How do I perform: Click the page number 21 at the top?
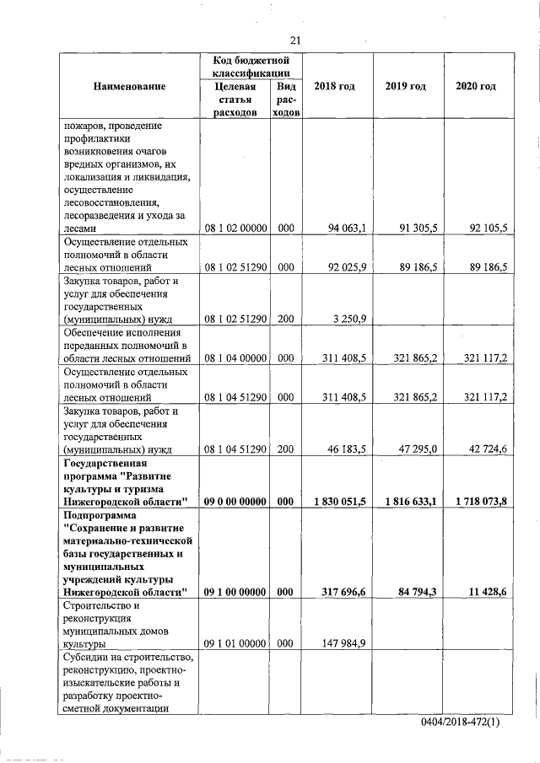tap(294, 40)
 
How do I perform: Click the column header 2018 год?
tap(337, 87)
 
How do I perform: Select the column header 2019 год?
tap(408, 87)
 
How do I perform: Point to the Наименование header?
tap(130, 87)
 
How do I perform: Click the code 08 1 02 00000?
tap(235, 228)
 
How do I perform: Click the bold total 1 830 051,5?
tap(339, 501)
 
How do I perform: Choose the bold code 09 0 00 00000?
tap(235, 501)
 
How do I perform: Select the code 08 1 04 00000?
tap(235, 358)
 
